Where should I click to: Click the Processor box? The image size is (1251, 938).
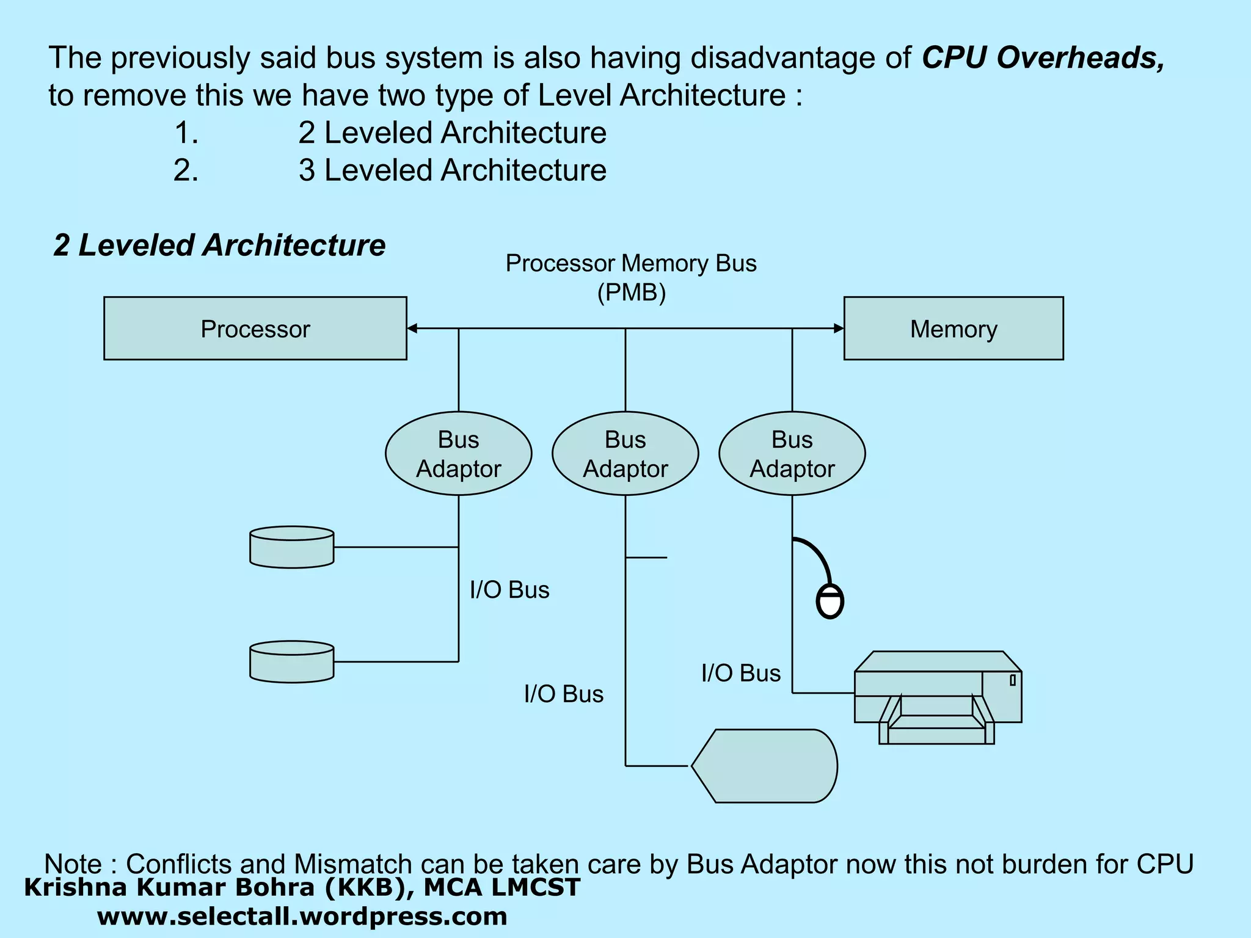coord(255,329)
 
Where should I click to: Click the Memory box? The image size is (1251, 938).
coord(953,329)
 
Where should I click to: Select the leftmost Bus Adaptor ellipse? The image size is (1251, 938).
coord(458,454)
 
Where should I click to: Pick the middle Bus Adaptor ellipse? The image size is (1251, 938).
coord(625,454)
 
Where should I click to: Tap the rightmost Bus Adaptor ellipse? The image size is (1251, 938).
coord(792,454)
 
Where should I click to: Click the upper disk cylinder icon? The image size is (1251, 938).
coord(291,547)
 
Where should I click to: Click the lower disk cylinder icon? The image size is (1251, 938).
coord(291,661)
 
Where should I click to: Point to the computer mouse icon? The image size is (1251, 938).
coord(830,602)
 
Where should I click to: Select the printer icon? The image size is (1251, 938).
coord(938,696)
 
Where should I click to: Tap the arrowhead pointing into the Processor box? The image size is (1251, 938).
coord(412,329)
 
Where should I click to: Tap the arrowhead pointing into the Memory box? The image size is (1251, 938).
coord(839,329)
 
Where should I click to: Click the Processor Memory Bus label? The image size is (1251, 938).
coord(630,264)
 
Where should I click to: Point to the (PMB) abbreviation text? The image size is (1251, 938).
coord(631,293)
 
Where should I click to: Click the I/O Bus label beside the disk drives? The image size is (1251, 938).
coord(509,590)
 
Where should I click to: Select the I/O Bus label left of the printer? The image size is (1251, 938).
coord(740,673)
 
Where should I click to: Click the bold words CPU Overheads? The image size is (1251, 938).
coord(1042,57)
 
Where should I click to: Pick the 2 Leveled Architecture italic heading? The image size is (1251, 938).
coord(219,245)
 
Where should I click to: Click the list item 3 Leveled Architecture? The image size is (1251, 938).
coord(452,170)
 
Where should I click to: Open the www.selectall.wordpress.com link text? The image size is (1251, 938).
coord(302,917)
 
